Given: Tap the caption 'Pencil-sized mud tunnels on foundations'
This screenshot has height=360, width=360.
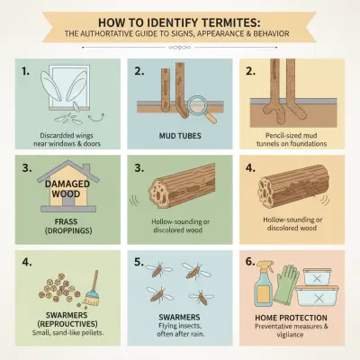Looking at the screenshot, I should tap(297, 133).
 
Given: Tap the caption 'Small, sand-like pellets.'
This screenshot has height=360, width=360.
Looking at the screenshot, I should tap(59, 337).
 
